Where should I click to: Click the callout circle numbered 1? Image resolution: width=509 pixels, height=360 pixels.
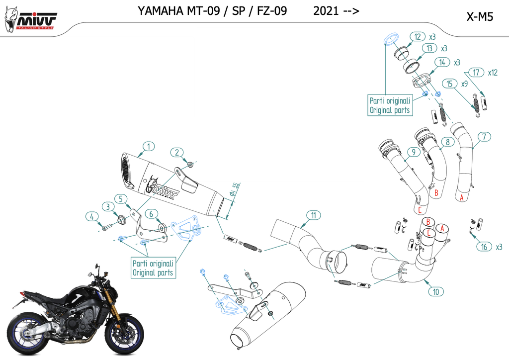coord(148,146)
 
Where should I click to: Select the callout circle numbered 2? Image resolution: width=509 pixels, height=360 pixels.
coord(178,152)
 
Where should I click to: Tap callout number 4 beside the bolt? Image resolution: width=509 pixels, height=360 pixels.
coord(91,216)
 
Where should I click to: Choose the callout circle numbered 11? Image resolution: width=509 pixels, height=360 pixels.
coord(314,215)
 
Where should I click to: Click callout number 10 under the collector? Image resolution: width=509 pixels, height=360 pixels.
coord(436,292)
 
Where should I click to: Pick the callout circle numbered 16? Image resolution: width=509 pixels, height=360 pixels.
coord(484,247)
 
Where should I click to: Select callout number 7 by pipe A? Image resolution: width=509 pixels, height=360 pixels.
coord(483,136)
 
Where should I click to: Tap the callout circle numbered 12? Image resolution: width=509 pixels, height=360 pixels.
coord(418,36)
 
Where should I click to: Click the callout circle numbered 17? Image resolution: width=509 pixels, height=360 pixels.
coord(476,73)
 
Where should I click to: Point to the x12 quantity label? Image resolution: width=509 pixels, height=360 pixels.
coord(493,73)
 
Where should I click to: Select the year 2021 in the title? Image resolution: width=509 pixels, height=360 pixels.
coord(326,11)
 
